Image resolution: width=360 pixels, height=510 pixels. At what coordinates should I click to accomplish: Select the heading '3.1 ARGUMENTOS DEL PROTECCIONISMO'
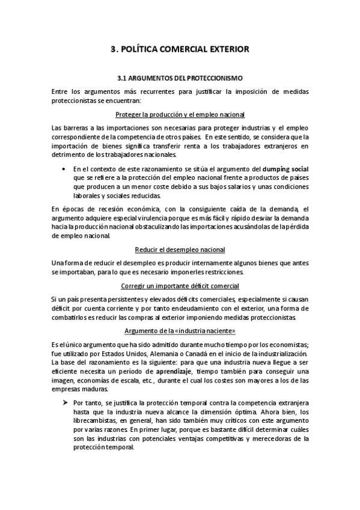click(180, 78)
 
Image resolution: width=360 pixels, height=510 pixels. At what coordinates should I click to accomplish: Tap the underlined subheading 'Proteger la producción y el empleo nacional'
click(180, 114)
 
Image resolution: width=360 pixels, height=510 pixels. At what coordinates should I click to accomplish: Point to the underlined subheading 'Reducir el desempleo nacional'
click(180, 250)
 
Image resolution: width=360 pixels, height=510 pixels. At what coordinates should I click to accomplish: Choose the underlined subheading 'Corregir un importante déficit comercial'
click(180, 286)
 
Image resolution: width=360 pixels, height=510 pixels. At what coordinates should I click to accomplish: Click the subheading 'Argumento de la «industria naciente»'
click(180, 331)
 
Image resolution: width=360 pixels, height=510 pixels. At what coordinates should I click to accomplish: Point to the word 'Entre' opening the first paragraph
click(61, 91)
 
